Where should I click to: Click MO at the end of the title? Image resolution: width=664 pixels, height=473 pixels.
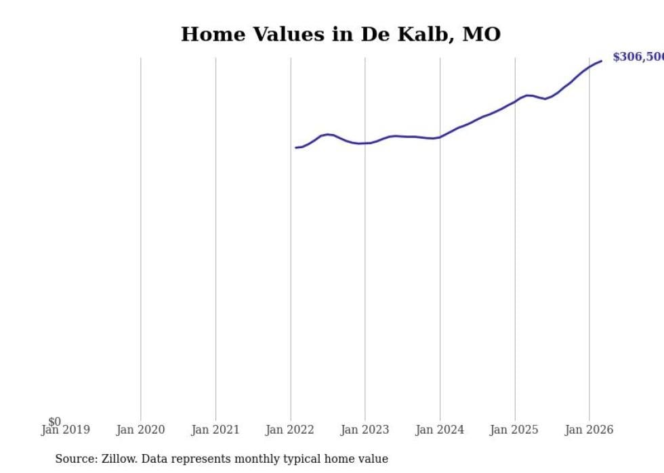pos(481,35)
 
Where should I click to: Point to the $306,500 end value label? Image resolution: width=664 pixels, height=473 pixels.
pos(638,57)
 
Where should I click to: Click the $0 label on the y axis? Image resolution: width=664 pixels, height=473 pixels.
pos(54,422)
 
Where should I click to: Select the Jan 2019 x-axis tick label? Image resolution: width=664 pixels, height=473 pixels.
pos(66,430)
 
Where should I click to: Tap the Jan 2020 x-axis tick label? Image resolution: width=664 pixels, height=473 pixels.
pos(141,430)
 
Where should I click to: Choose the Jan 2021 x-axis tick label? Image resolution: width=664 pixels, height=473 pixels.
pos(215,430)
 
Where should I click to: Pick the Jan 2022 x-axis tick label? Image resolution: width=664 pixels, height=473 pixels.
pos(291,430)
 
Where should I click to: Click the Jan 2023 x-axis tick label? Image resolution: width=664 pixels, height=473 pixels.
pos(365,430)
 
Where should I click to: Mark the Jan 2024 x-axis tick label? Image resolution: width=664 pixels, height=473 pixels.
pos(440,430)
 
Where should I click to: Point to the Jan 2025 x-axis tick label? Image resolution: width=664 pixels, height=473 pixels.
pos(514,430)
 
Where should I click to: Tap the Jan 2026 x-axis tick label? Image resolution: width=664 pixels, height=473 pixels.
pos(589,430)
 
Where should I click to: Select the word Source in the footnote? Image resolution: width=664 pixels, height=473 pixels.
pos(75,459)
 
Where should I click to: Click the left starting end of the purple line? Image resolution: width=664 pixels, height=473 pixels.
pos(296,148)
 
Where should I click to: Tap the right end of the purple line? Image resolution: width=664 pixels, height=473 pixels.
pos(601,62)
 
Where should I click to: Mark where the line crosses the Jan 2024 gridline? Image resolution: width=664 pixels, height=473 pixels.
pos(440,137)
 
